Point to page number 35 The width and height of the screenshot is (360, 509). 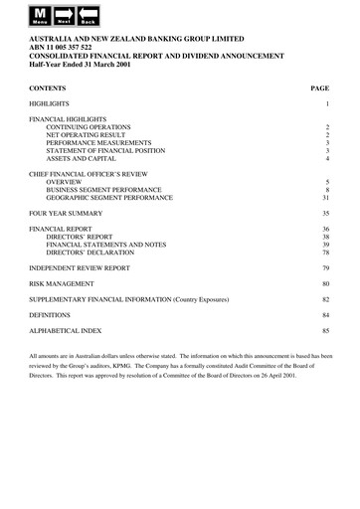tap(325, 214)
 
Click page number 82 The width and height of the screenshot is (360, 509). tap(325, 299)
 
